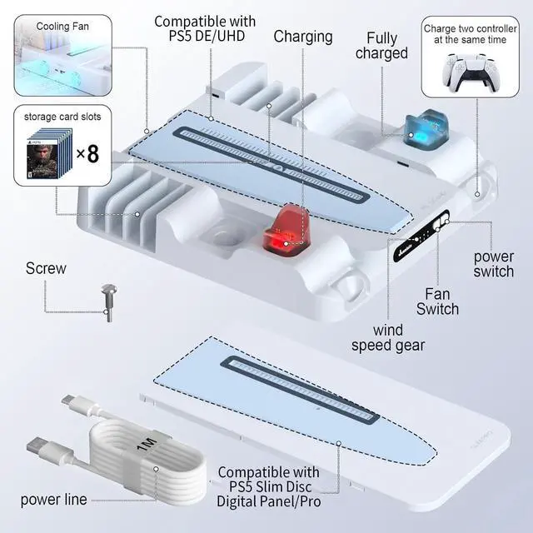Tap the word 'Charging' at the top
click(303, 37)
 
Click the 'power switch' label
click(494, 263)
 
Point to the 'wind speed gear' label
click(388, 337)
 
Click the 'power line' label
click(52, 501)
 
